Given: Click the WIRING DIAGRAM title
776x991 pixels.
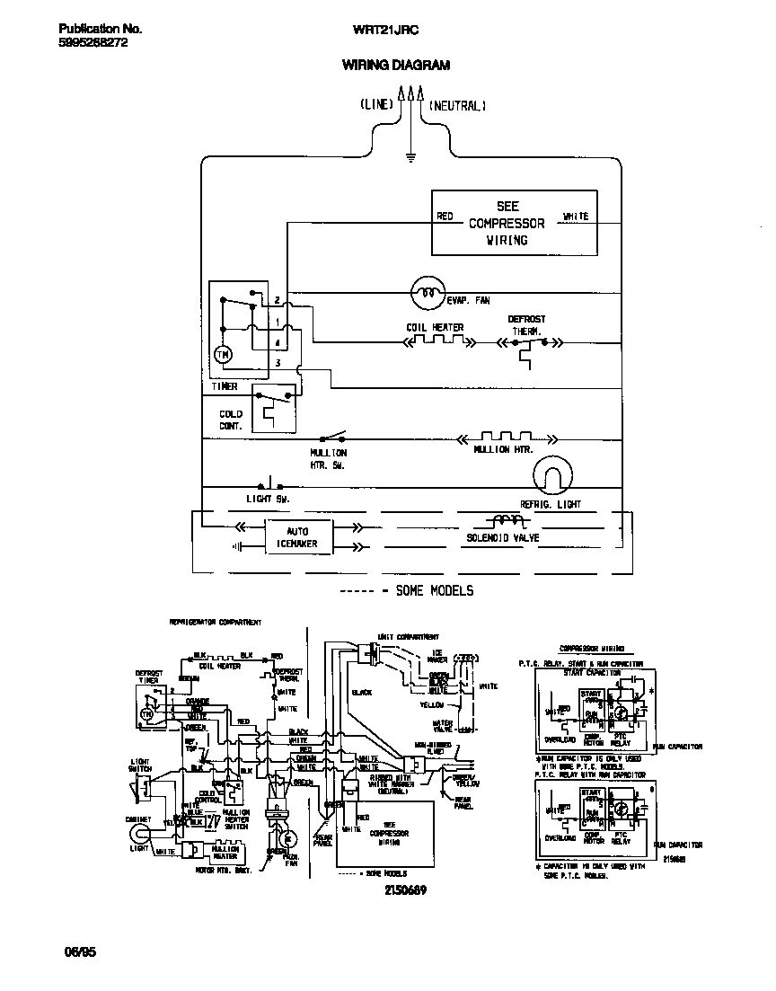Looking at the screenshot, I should tap(395, 66).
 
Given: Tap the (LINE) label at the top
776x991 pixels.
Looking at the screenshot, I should tap(376, 105).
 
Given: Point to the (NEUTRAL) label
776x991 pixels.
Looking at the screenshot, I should tap(456, 105).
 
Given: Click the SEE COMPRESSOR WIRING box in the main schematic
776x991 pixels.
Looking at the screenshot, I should tap(514, 223).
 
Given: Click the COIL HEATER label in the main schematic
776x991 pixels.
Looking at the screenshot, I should tap(435, 327).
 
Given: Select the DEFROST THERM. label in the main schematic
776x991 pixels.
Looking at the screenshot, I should tap(526, 325).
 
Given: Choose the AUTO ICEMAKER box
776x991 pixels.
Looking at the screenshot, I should tap(297, 537).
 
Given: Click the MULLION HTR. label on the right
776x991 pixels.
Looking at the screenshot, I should tap(503, 448).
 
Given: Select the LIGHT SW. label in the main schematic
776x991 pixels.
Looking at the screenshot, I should tap(268, 498).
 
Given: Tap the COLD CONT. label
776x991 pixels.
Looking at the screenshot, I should tap(231, 420).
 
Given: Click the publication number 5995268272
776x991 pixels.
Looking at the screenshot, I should tap(86, 42).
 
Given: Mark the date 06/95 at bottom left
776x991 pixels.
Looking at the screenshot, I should tap(80, 951).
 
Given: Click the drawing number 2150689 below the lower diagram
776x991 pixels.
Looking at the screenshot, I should tap(404, 889).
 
